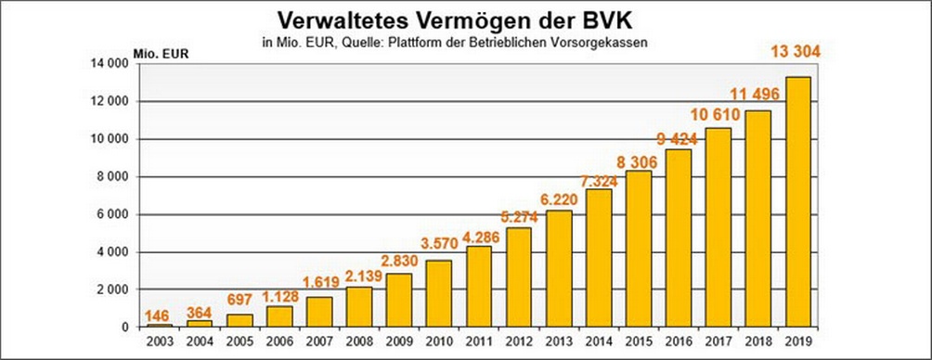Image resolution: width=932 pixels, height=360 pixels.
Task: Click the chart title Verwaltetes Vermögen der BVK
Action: [x=465, y=20]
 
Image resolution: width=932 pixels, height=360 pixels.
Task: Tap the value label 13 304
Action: [x=801, y=54]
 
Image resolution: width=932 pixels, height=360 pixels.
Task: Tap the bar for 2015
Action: [x=638, y=249]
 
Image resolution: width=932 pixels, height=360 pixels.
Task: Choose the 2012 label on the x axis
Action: [x=518, y=341]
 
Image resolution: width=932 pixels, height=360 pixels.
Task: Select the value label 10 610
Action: [x=720, y=113]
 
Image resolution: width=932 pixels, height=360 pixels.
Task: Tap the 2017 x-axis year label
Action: [x=718, y=341]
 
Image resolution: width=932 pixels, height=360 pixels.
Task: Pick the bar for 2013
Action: [x=558, y=268]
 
